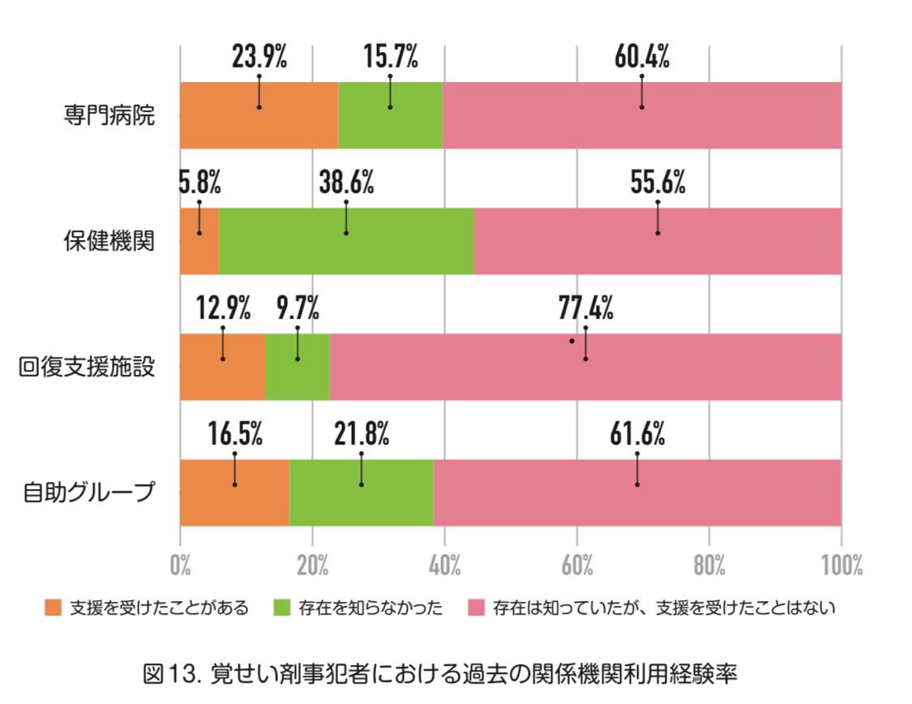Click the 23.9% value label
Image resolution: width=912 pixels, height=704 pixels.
(x=259, y=58)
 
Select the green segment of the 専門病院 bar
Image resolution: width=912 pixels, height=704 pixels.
(x=390, y=114)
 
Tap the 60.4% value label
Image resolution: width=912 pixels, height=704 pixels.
(x=641, y=58)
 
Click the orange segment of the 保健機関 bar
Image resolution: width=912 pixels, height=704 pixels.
(x=199, y=241)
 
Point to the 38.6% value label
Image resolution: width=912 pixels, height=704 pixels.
(x=346, y=183)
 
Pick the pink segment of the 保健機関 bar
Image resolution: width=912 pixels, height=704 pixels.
(x=657, y=241)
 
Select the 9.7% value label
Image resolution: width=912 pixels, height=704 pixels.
(x=298, y=309)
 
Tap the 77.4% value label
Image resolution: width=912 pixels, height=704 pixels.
(x=585, y=309)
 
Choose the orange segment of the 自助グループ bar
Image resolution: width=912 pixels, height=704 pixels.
(x=234, y=492)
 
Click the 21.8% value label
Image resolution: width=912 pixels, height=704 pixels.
(x=362, y=435)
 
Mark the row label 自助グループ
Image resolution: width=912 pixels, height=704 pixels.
(x=87, y=492)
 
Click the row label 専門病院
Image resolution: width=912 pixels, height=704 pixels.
(x=109, y=115)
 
